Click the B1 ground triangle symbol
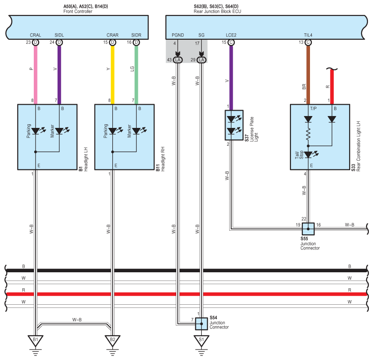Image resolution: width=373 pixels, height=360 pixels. pos(36,340)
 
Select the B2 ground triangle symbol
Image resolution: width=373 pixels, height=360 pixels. pos(112,340)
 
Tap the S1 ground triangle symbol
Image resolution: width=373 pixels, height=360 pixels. pos(201,340)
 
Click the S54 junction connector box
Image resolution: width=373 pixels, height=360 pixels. pos(201,324)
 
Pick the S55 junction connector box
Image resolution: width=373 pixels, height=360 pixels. pos(308,229)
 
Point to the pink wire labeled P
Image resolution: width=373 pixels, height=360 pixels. pos(36,75)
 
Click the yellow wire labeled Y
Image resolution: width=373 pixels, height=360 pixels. pos(112,75)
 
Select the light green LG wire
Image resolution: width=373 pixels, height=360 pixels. pos(137,75)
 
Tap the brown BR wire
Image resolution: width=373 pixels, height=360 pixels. pos(308,75)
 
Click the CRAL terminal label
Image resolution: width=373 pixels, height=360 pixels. pos(36,35)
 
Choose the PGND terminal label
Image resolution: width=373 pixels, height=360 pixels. pos(178,35)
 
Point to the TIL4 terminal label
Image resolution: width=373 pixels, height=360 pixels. pos(308,35)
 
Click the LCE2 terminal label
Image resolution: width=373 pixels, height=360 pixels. pos(231,35)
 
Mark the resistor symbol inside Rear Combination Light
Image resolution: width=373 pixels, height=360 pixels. pos(308,134)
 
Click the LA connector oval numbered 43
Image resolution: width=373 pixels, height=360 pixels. pos(178,60)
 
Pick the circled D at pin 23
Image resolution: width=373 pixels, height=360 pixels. pos(36,42)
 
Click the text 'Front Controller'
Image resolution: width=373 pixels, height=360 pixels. pos(78,11)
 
